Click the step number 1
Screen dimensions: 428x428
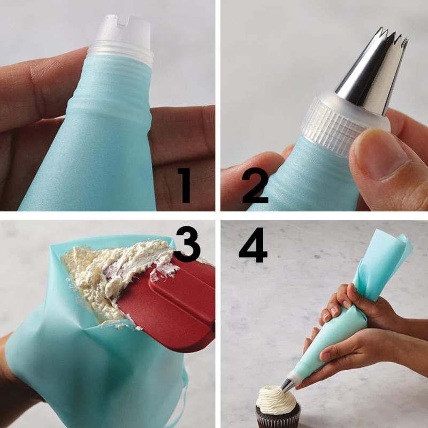pos(185,185)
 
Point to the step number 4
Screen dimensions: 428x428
pos(253,245)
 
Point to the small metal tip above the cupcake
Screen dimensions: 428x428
pos(287,385)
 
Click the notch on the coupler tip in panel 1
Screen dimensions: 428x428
pos(123,20)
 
